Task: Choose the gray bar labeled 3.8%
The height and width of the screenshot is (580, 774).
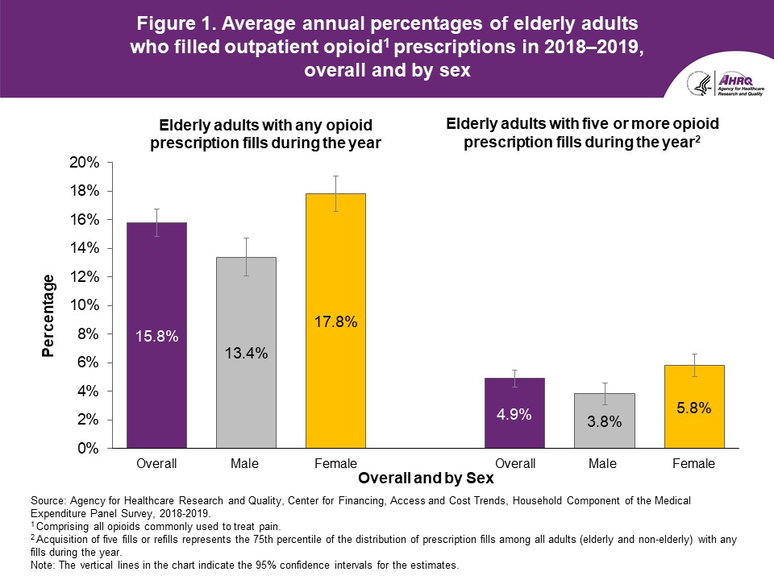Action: pyautogui.click(x=604, y=420)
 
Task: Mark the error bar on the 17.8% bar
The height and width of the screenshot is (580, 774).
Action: pyautogui.click(x=335, y=193)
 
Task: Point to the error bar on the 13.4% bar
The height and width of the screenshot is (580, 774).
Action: pyautogui.click(x=246, y=257)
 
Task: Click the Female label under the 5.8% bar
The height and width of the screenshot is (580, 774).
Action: pyautogui.click(x=693, y=463)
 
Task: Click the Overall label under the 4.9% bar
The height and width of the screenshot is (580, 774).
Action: pyautogui.click(x=514, y=463)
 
